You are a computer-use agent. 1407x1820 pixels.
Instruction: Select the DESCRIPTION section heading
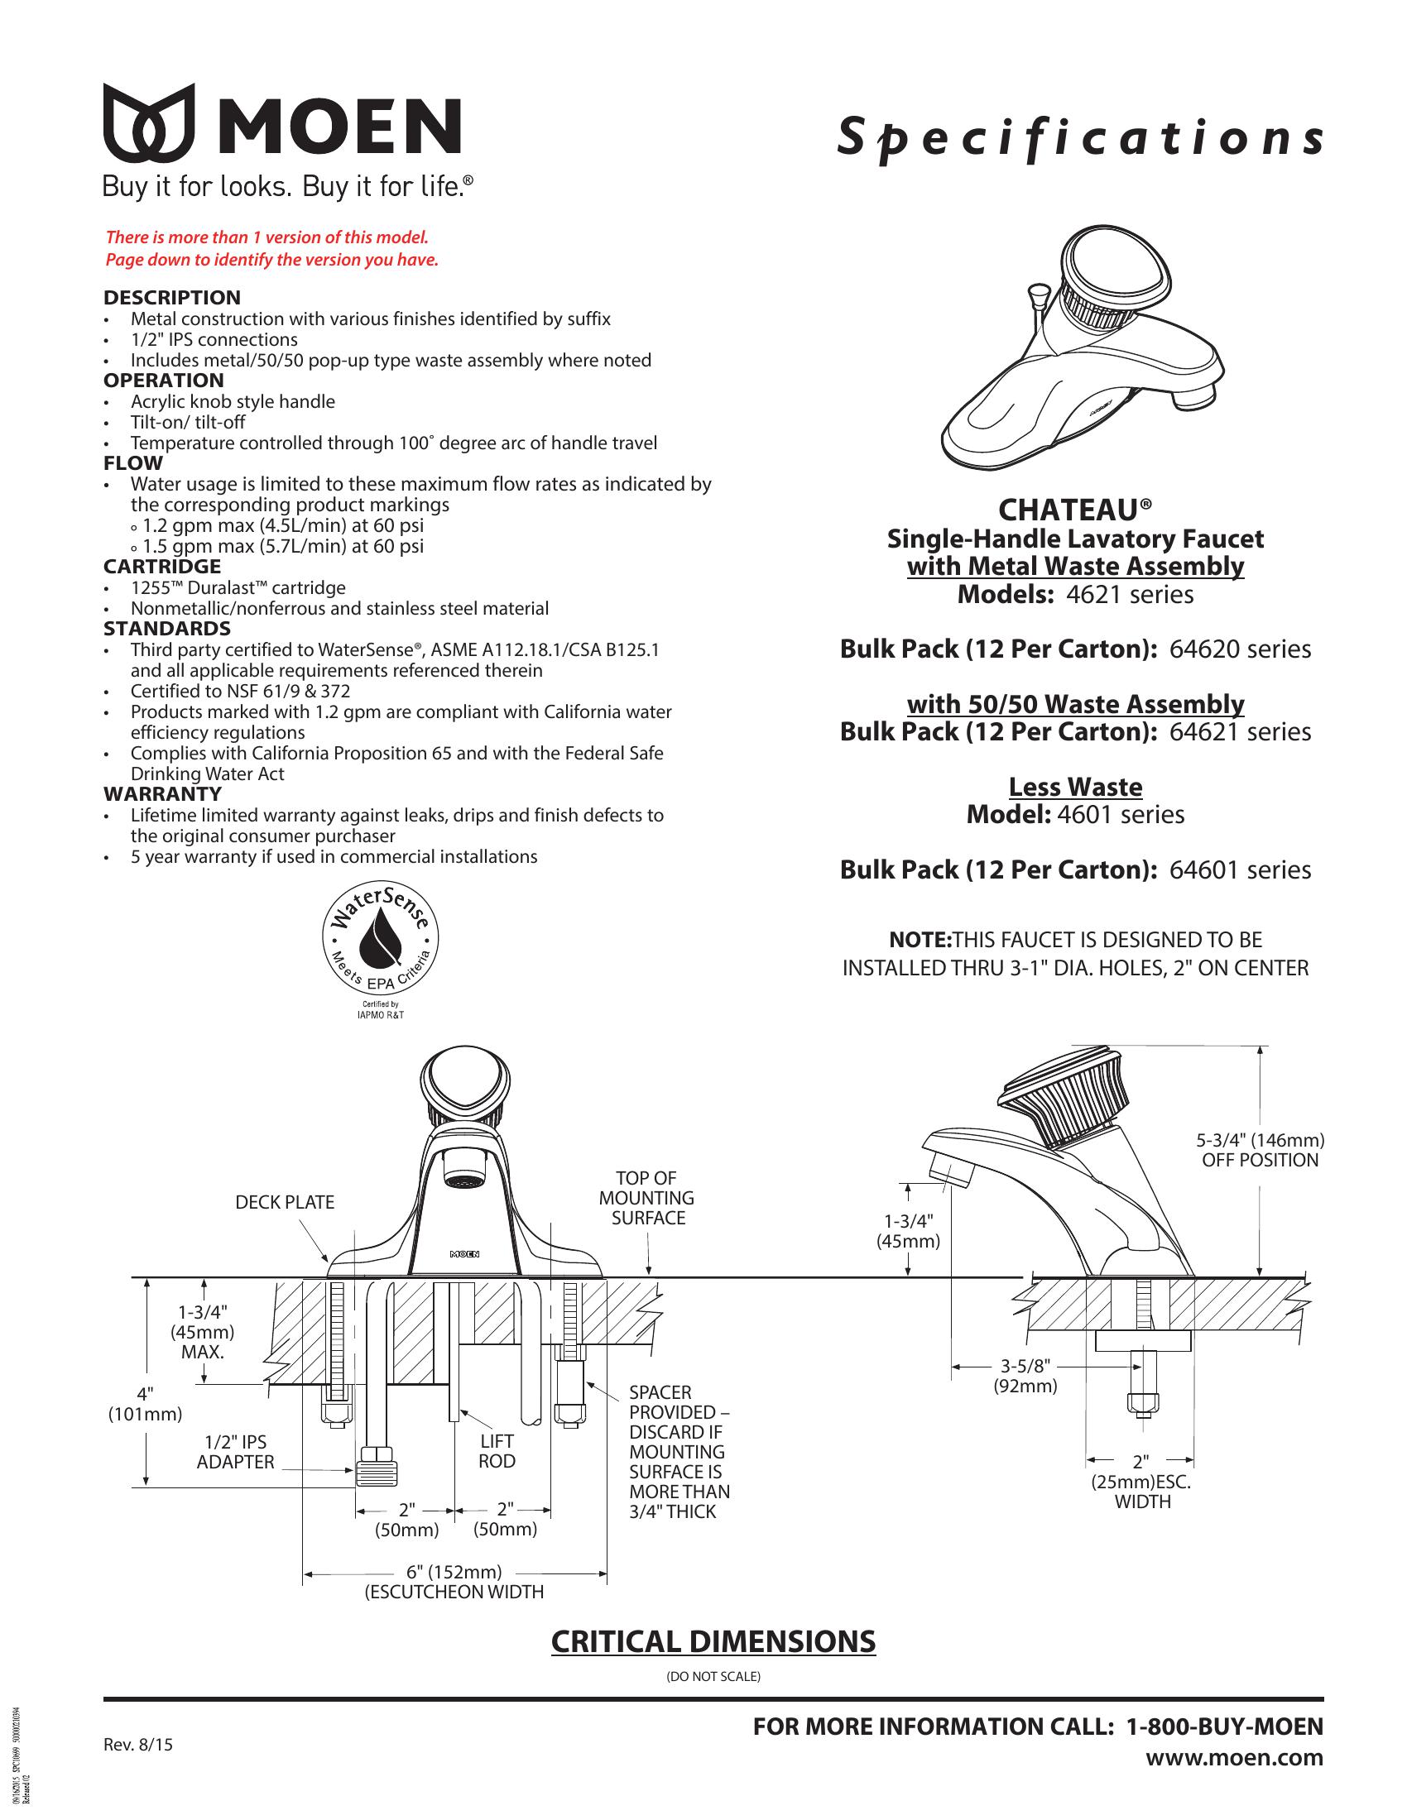tap(171, 298)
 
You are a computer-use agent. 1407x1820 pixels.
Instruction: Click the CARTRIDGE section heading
tap(161, 567)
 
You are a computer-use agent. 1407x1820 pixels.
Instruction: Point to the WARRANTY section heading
tap(161, 794)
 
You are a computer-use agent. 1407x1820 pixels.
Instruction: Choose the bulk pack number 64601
tap(1203, 870)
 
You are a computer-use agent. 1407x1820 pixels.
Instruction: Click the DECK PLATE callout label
tap(284, 1202)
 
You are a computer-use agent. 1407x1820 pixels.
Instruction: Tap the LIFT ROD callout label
tap(497, 1451)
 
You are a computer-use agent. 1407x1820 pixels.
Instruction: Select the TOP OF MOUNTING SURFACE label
tap(647, 1198)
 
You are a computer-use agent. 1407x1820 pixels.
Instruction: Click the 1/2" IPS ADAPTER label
tap(235, 1452)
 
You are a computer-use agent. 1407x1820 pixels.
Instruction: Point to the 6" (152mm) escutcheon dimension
tap(454, 1572)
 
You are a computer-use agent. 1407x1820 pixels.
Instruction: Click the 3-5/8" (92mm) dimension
tap(1025, 1376)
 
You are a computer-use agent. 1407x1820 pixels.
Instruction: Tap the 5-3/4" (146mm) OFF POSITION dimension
tap(1260, 1150)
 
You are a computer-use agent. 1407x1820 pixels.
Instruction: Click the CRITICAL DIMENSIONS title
tap(713, 1640)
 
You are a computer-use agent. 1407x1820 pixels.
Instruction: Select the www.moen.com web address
tap(1234, 1757)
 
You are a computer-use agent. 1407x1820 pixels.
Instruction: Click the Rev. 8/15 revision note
tap(137, 1744)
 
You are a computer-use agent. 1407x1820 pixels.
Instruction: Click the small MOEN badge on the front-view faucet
tap(464, 1253)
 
